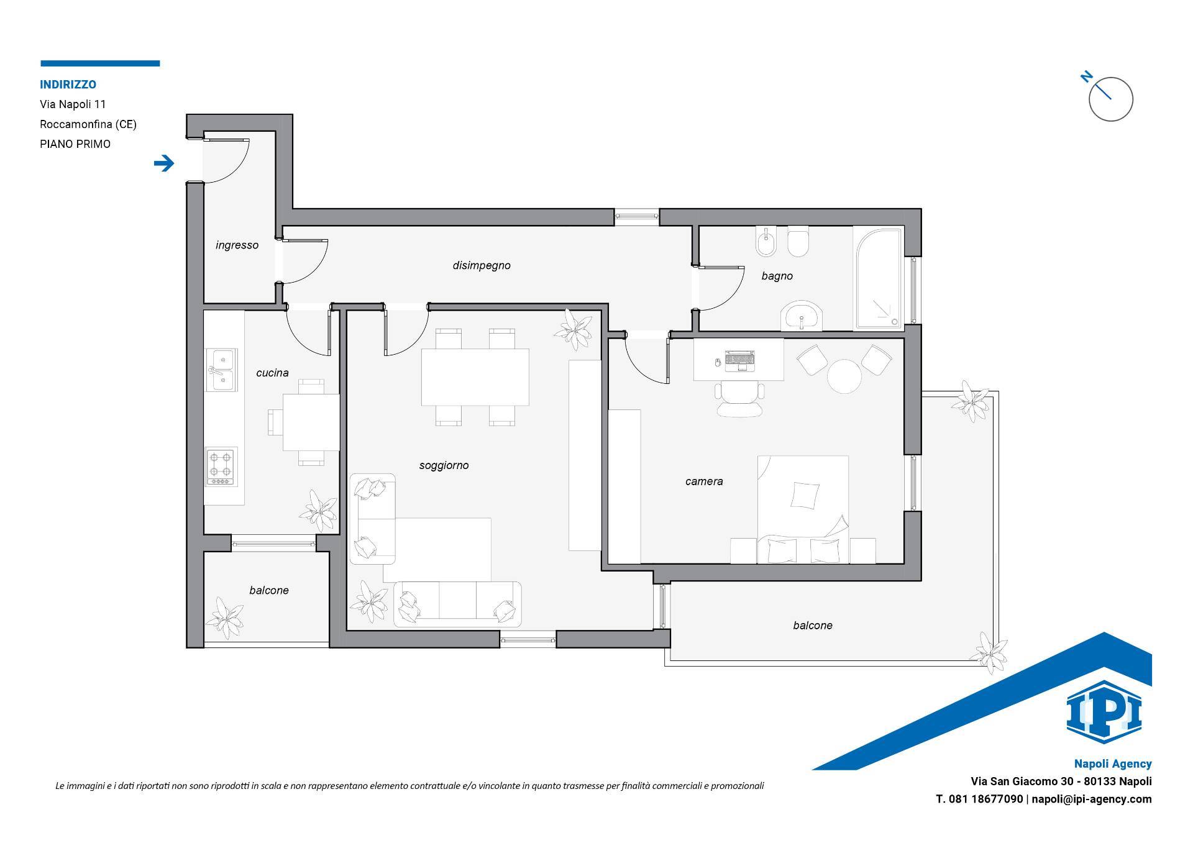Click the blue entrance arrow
[164, 163]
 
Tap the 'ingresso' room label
[237, 245]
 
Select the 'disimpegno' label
[482, 266]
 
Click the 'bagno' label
[777, 276]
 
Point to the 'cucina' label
[272, 373]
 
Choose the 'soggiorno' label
[444, 465]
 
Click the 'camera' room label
[704, 481]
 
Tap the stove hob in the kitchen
[222, 467]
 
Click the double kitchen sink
[221, 370]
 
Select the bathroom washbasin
[802, 316]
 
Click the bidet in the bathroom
[766, 242]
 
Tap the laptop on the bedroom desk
[739, 360]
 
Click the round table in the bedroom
[844, 376]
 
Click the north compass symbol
[1110, 98]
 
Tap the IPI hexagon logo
[1104, 711]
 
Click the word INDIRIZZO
[68, 84]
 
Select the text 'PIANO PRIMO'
[75, 144]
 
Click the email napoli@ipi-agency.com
[1092, 800]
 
